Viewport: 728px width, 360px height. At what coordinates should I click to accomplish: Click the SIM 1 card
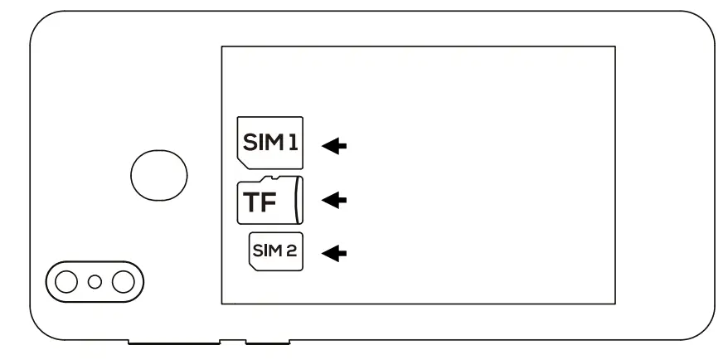point(270,144)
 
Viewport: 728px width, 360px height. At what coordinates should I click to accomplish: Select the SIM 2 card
point(277,252)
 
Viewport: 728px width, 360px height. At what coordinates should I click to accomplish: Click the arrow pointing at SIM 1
point(334,146)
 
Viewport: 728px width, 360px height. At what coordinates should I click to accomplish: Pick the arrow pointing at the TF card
point(334,200)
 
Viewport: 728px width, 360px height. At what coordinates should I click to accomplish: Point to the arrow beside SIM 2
point(334,253)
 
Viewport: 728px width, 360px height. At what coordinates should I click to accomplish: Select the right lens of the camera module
point(123,282)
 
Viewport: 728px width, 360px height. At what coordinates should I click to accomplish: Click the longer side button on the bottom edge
point(175,340)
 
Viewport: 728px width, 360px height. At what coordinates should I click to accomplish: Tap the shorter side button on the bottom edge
point(268,340)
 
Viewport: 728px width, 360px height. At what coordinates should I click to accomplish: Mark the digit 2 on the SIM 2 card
point(294,252)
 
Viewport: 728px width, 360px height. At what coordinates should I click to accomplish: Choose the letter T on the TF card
point(253,204)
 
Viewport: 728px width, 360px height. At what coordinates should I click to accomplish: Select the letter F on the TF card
point(274,204)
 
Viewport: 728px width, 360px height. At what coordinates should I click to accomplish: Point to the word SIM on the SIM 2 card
point(269,252)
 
